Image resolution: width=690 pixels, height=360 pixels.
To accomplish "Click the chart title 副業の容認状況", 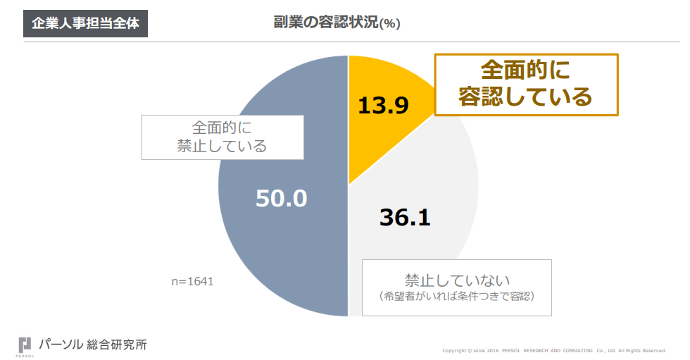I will point(326,22).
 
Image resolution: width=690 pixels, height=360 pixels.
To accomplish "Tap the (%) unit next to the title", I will point(389,24).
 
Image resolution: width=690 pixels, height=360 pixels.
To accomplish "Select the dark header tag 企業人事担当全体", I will point(86,23).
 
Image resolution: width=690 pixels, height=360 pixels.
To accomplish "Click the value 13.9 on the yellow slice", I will point(383,105).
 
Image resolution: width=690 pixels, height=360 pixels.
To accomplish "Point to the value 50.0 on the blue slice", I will point(281,198).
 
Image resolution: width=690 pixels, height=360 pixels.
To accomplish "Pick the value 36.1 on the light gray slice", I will point(405,217).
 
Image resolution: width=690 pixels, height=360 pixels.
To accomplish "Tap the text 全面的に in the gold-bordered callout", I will point(525,70).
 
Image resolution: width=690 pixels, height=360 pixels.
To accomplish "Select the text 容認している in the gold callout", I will point(525,97).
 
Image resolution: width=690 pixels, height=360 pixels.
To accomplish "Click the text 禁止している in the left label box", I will point(222,147).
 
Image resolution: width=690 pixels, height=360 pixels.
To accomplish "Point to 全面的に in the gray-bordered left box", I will point(222,128).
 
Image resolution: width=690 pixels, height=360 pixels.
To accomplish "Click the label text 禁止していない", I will point(457,278).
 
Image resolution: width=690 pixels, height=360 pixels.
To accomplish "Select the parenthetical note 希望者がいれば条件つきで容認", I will point(457,296).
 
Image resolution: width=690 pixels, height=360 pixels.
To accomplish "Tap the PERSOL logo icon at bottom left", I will point(25,344).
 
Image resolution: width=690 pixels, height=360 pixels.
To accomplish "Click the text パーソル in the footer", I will point(62,345).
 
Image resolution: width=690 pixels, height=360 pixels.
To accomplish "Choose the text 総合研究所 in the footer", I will point(117,345).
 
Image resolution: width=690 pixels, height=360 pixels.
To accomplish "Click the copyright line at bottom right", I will point(554,350).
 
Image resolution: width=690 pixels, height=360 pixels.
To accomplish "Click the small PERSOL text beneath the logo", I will point(25,356).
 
